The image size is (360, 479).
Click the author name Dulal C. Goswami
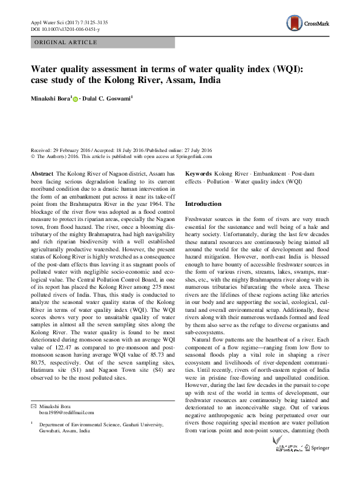(106, 97)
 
